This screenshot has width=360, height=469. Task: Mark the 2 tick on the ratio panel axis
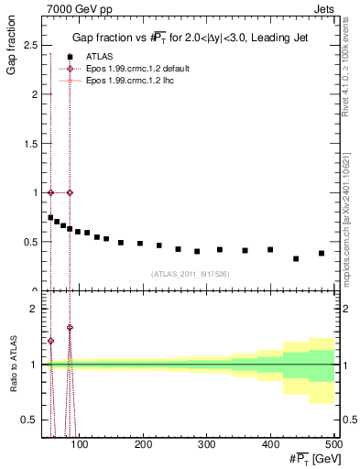click(x=35, y=309)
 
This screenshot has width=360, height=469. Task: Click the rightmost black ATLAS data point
click(x=321, y=253)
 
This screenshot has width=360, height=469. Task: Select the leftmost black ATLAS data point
click(x=50, y=217)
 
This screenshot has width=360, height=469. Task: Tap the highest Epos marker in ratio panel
click(x=70, y=327)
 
